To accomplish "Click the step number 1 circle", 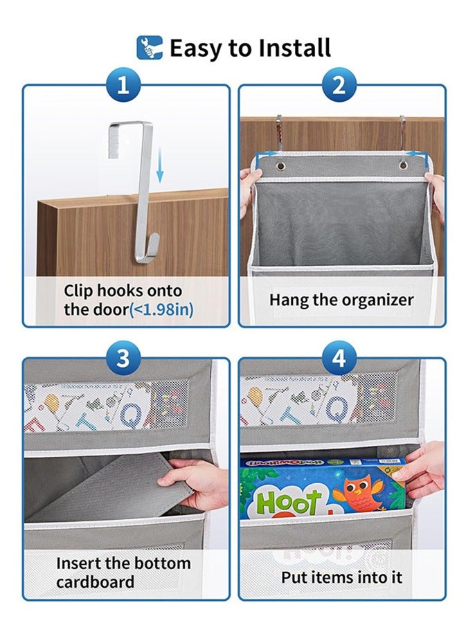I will (123, 85).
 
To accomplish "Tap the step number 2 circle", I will (339, 85).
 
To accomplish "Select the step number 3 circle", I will (123, 359).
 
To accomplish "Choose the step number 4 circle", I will (339, 359).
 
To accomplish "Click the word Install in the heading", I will (294, 48).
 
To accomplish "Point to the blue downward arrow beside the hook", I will (159, 166).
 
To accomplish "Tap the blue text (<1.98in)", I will (161, 309).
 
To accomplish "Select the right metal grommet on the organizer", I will (403, 166).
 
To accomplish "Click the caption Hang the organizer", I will (341, 300).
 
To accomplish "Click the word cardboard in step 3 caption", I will (96, 581).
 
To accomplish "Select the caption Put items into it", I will (341, 577).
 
